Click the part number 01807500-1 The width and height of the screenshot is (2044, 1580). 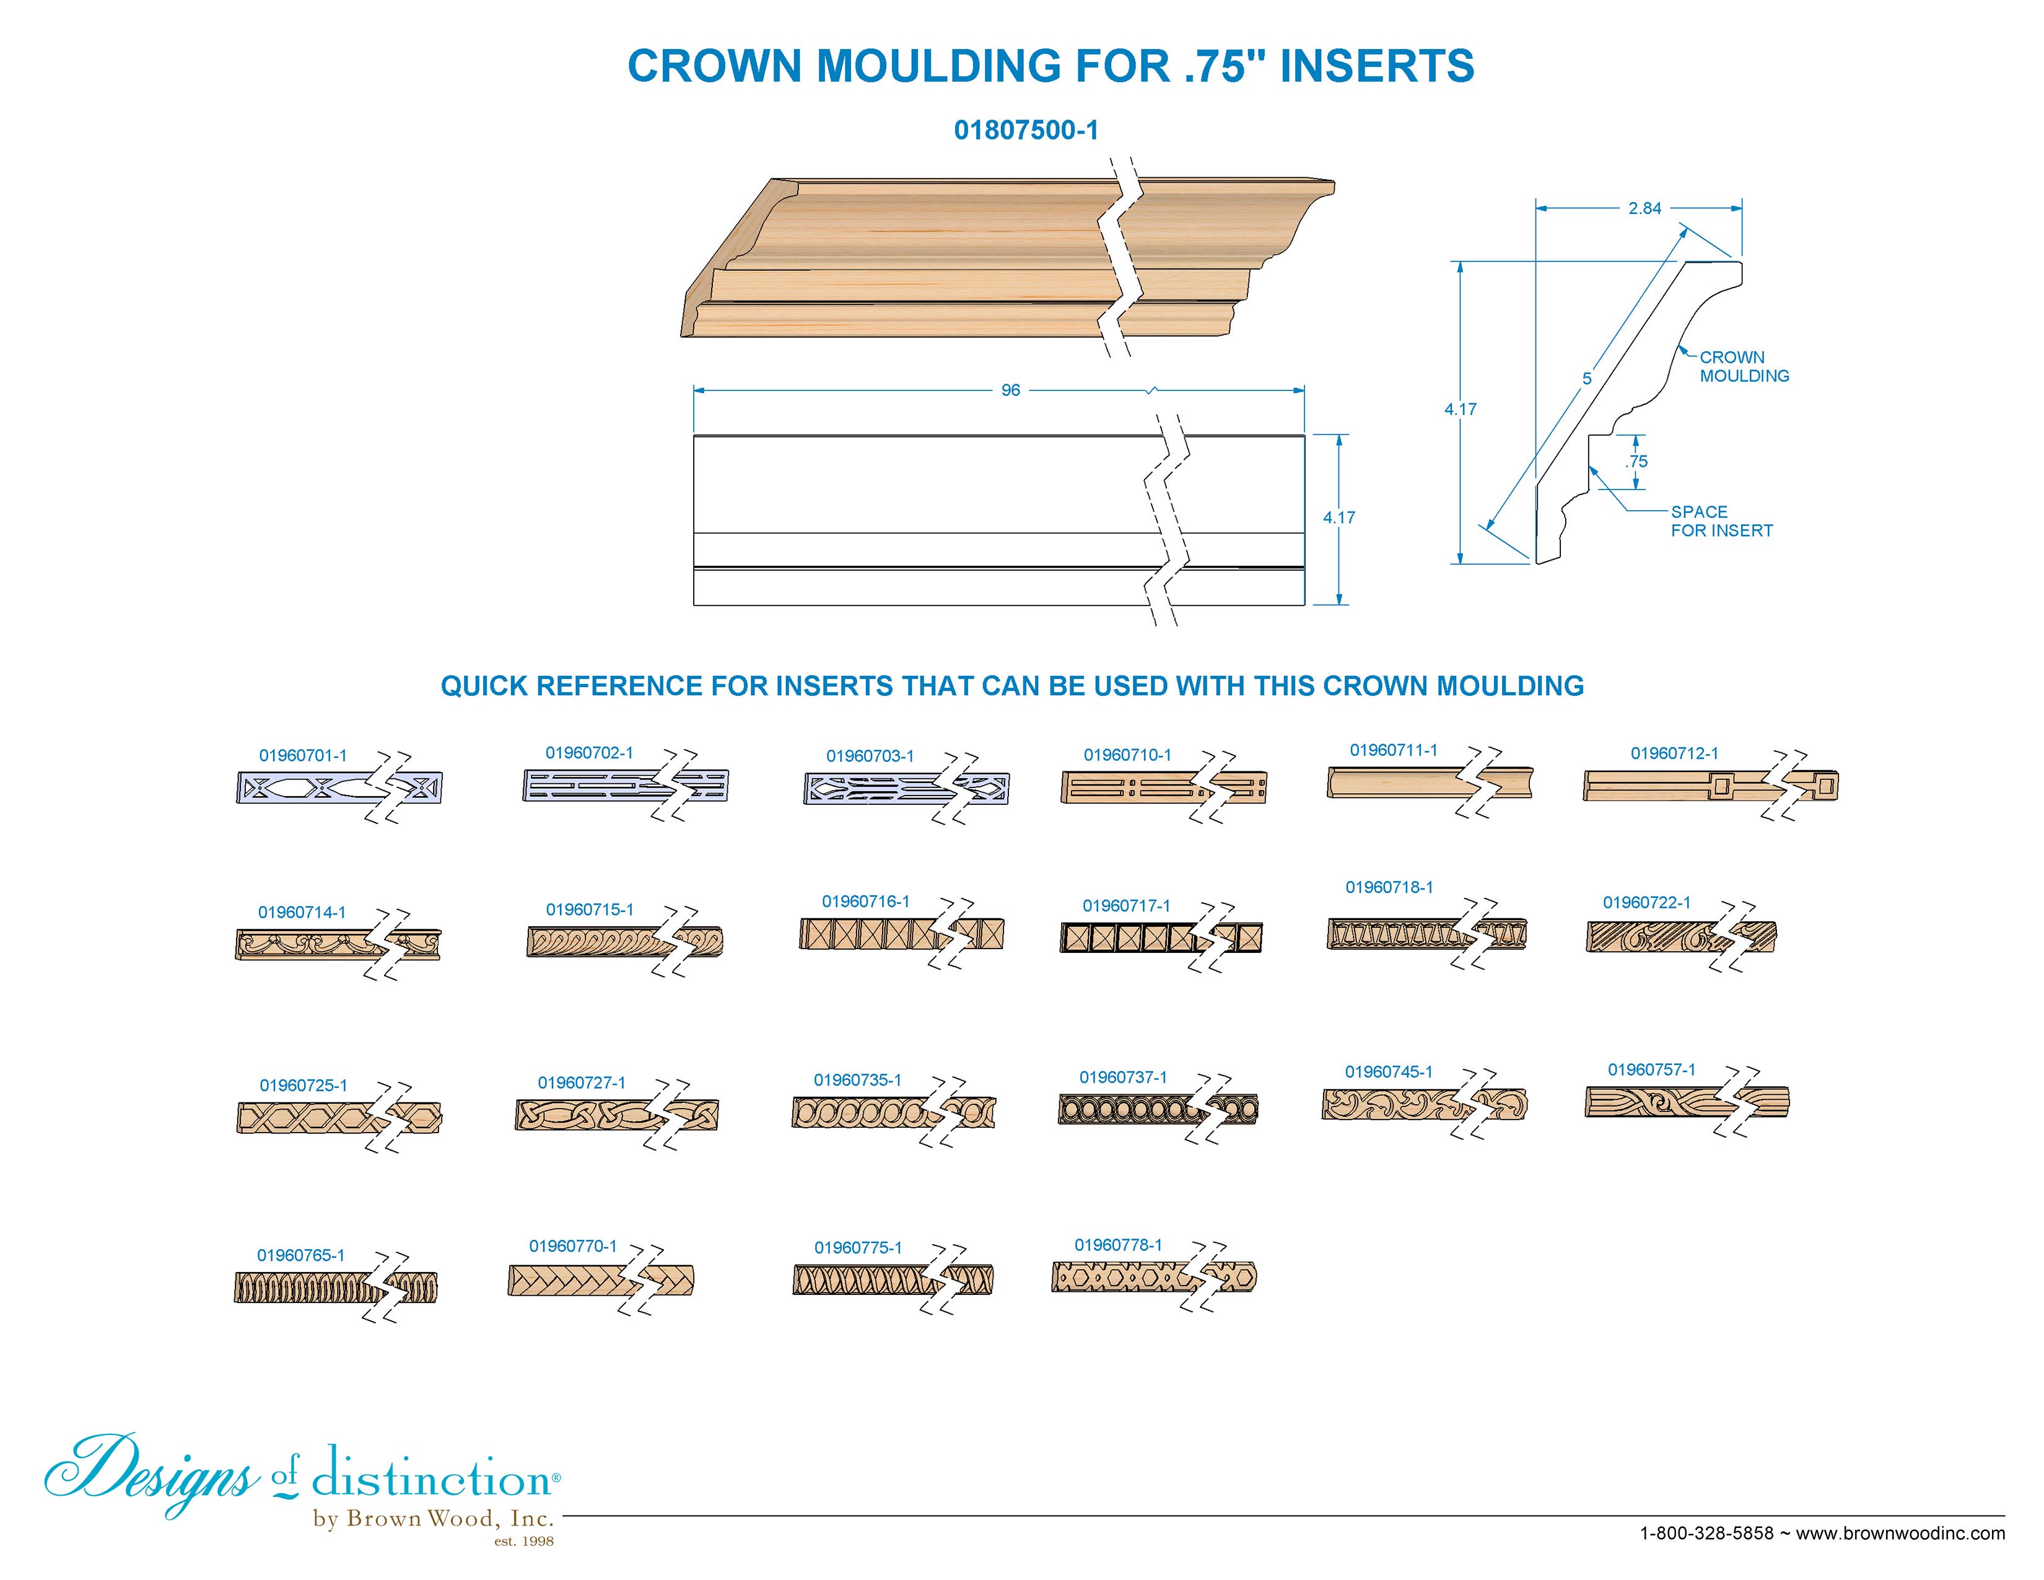coord(1026,130)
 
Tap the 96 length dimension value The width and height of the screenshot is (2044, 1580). coord(1011,390)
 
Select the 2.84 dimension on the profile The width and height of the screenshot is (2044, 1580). coord(1644,209)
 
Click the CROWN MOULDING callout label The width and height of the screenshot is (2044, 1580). coord(1744,367)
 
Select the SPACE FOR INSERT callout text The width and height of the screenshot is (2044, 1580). coord(1722,521)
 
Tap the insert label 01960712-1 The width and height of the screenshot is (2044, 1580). coord(1674,753)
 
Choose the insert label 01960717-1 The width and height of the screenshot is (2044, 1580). coord(1127,906)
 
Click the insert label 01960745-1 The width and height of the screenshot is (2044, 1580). coord(1389,1072)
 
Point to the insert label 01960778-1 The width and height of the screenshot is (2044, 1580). coord(1119,1245)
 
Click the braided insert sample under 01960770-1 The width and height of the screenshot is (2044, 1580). coord(601,1281)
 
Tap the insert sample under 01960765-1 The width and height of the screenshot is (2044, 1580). coord(335,1288)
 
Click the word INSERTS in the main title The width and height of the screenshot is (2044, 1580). coord(1377,66)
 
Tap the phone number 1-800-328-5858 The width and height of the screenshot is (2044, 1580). coord(1707,1533)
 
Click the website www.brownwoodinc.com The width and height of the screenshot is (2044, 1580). coord(1900,1533)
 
